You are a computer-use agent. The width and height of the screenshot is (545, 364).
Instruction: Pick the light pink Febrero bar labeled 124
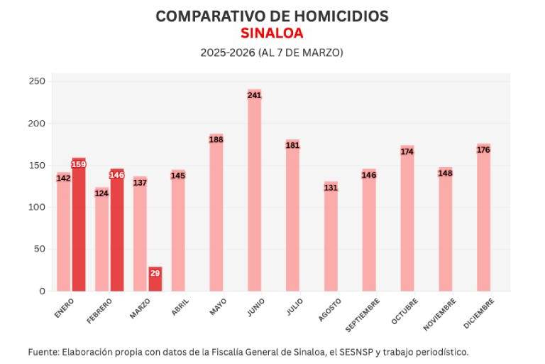(x=101, y=242)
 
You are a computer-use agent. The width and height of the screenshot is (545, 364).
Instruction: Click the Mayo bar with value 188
(x=216, y=213)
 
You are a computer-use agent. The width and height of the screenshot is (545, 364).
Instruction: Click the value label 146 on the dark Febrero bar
(x=117, y=175)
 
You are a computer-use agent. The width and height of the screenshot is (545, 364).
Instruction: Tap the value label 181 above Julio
(x=292, y=145)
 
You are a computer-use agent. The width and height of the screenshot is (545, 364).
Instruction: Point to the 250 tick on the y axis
(x=37, y=82)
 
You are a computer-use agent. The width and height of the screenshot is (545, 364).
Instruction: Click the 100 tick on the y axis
(x=37, y=207)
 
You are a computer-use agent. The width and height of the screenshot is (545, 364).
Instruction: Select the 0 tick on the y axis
(x=42, y=291)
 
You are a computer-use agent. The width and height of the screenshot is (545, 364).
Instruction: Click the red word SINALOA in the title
(x=272, y=33)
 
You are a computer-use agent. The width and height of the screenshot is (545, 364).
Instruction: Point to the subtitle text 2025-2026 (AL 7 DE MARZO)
(x=272, y=53)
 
